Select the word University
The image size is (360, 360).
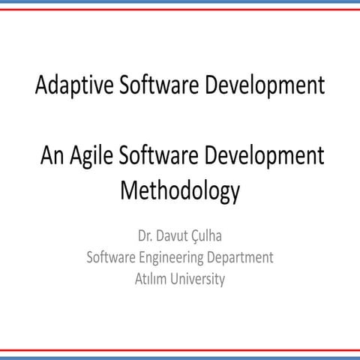coord(198,280)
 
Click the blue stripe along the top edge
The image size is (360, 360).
coord(180,3)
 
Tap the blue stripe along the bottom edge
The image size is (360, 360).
coord(180,356)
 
